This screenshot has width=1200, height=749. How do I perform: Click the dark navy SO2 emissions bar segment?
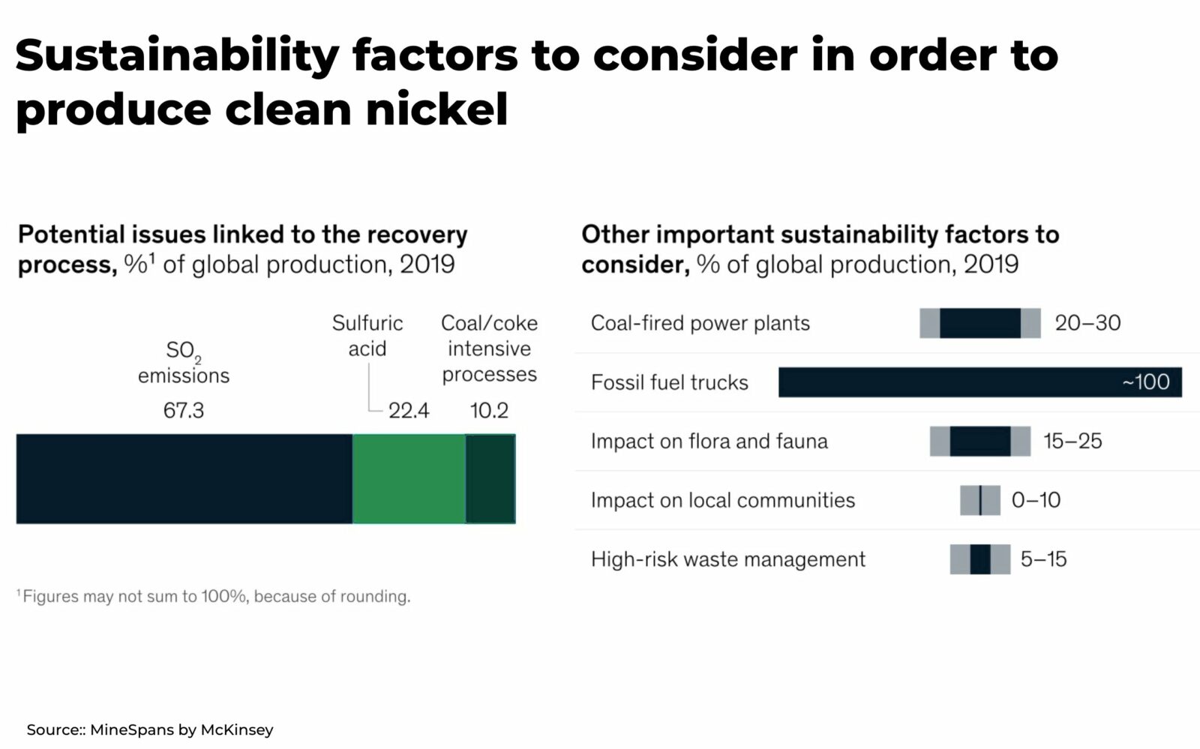coord(184,478)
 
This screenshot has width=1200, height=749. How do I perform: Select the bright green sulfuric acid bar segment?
coord(409,478)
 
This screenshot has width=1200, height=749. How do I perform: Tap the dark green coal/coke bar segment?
coord(490,478)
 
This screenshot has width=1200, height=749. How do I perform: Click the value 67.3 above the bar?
coord(184,411)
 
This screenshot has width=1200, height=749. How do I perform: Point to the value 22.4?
coord(409,411)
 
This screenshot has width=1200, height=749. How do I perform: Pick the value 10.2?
coord(489,411)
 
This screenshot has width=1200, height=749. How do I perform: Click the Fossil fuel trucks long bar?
coord(945,382)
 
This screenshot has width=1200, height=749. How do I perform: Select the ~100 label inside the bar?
coord(1145,382)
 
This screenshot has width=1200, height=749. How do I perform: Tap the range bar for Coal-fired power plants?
coord(979,323)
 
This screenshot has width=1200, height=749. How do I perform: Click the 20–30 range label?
coord(1087,323)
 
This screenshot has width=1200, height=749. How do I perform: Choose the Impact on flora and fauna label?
coord(709,442)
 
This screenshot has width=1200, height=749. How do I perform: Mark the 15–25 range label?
coord(1072,442)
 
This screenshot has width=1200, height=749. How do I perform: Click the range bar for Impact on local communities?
coord(979,500)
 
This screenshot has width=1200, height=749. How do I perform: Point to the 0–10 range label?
coord(1036,500)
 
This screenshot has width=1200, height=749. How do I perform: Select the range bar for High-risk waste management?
coord(979,559)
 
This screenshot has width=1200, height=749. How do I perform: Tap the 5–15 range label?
coord(1043,559)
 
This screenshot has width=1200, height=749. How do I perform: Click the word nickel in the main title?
coord(436,109)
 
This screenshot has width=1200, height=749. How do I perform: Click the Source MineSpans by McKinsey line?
coord(150,730)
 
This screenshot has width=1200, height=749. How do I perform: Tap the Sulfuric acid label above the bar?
coord(367,336)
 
